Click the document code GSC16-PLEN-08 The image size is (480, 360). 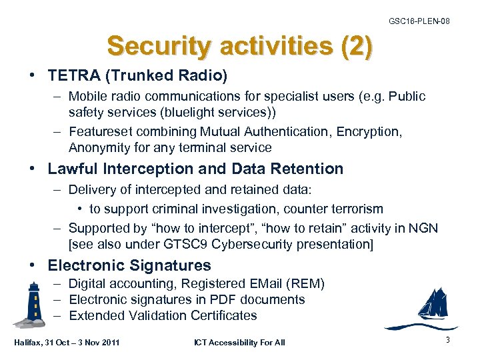point(419,21)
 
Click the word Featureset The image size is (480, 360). point(101,132)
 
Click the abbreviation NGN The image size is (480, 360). point(424,229)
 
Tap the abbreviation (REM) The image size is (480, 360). point(307,284)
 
